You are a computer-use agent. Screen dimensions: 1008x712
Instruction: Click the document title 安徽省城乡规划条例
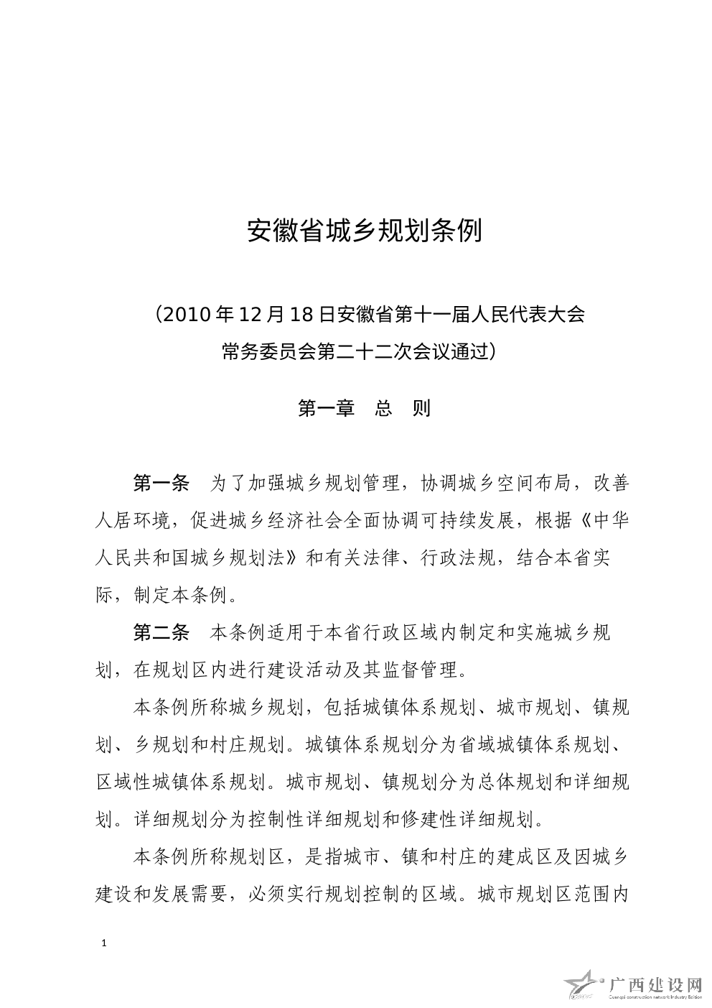pos(365,231)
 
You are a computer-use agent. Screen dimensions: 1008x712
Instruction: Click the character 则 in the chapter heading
pos(422,408)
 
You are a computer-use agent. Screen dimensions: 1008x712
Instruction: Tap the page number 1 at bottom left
pos(105,943)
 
